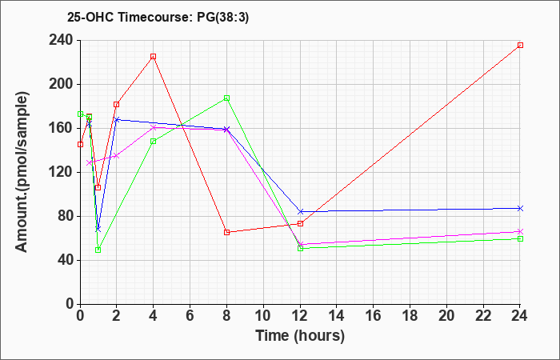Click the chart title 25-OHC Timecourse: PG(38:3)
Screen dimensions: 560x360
(x=158, y=18)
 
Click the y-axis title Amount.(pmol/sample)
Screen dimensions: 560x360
(x=22, y=172)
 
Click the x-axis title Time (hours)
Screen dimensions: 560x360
(x=300, y=336)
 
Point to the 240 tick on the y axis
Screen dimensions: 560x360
(x=63, y=40)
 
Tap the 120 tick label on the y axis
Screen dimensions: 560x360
(x=63, y=172)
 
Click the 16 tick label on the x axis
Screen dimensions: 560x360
(x=374, y=315)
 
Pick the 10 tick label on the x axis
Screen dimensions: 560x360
(x=263, y=315)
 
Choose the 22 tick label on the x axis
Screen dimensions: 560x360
(x=483, y=315)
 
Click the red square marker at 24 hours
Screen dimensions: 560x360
(x=520, y=46)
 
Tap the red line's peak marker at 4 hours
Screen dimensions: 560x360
(x=154, y=57)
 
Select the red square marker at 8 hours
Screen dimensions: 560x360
(x=226, y=233)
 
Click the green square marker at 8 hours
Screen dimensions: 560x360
(x=226, y=98)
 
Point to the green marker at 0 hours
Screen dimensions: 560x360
(x=80, y=114)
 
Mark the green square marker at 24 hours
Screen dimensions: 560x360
(x=520, y=238)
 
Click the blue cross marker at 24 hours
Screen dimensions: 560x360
(x=520, y=208)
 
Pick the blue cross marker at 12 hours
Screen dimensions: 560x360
(x=300, y=212)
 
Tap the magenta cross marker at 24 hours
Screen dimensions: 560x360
(x=520, y=231)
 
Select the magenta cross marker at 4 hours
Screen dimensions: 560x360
(x=154, y=127)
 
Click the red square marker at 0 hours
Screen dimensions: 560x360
(x=80, y=144)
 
